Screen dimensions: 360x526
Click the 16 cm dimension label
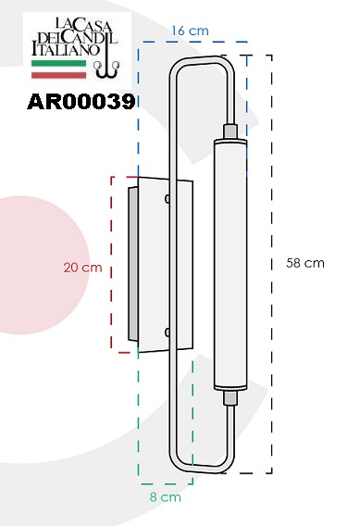[x=190, y=31]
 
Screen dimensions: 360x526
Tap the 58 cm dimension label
[x=305, y=263]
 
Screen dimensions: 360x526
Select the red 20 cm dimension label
[x=82, y=268]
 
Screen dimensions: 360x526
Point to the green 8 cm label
[x=166, y=497]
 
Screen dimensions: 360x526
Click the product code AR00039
[x=81, y=101]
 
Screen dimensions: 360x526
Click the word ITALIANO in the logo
[x=66, y=49]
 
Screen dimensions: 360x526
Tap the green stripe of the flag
[x=58, y=63]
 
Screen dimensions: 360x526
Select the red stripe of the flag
[x=58, y=75]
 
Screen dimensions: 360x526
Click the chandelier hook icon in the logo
[x=106, y=62]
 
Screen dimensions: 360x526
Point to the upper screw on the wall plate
[x=168, y=199]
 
